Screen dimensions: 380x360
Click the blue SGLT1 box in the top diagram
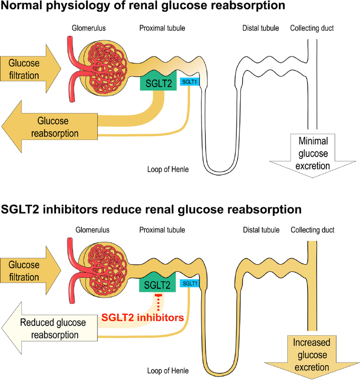coord(189,81)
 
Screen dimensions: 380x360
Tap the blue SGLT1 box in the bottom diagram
coord(190,283)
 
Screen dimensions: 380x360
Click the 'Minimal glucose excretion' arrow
coord(313,153)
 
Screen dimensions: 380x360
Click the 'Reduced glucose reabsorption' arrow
coord(51,328)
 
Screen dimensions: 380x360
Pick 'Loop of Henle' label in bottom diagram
coord(167,371)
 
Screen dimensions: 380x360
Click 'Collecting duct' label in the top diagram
coord(312,28)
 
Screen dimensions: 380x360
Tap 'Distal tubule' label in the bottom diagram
coord(261,230)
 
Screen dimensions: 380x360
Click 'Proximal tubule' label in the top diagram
coord(162,28)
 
